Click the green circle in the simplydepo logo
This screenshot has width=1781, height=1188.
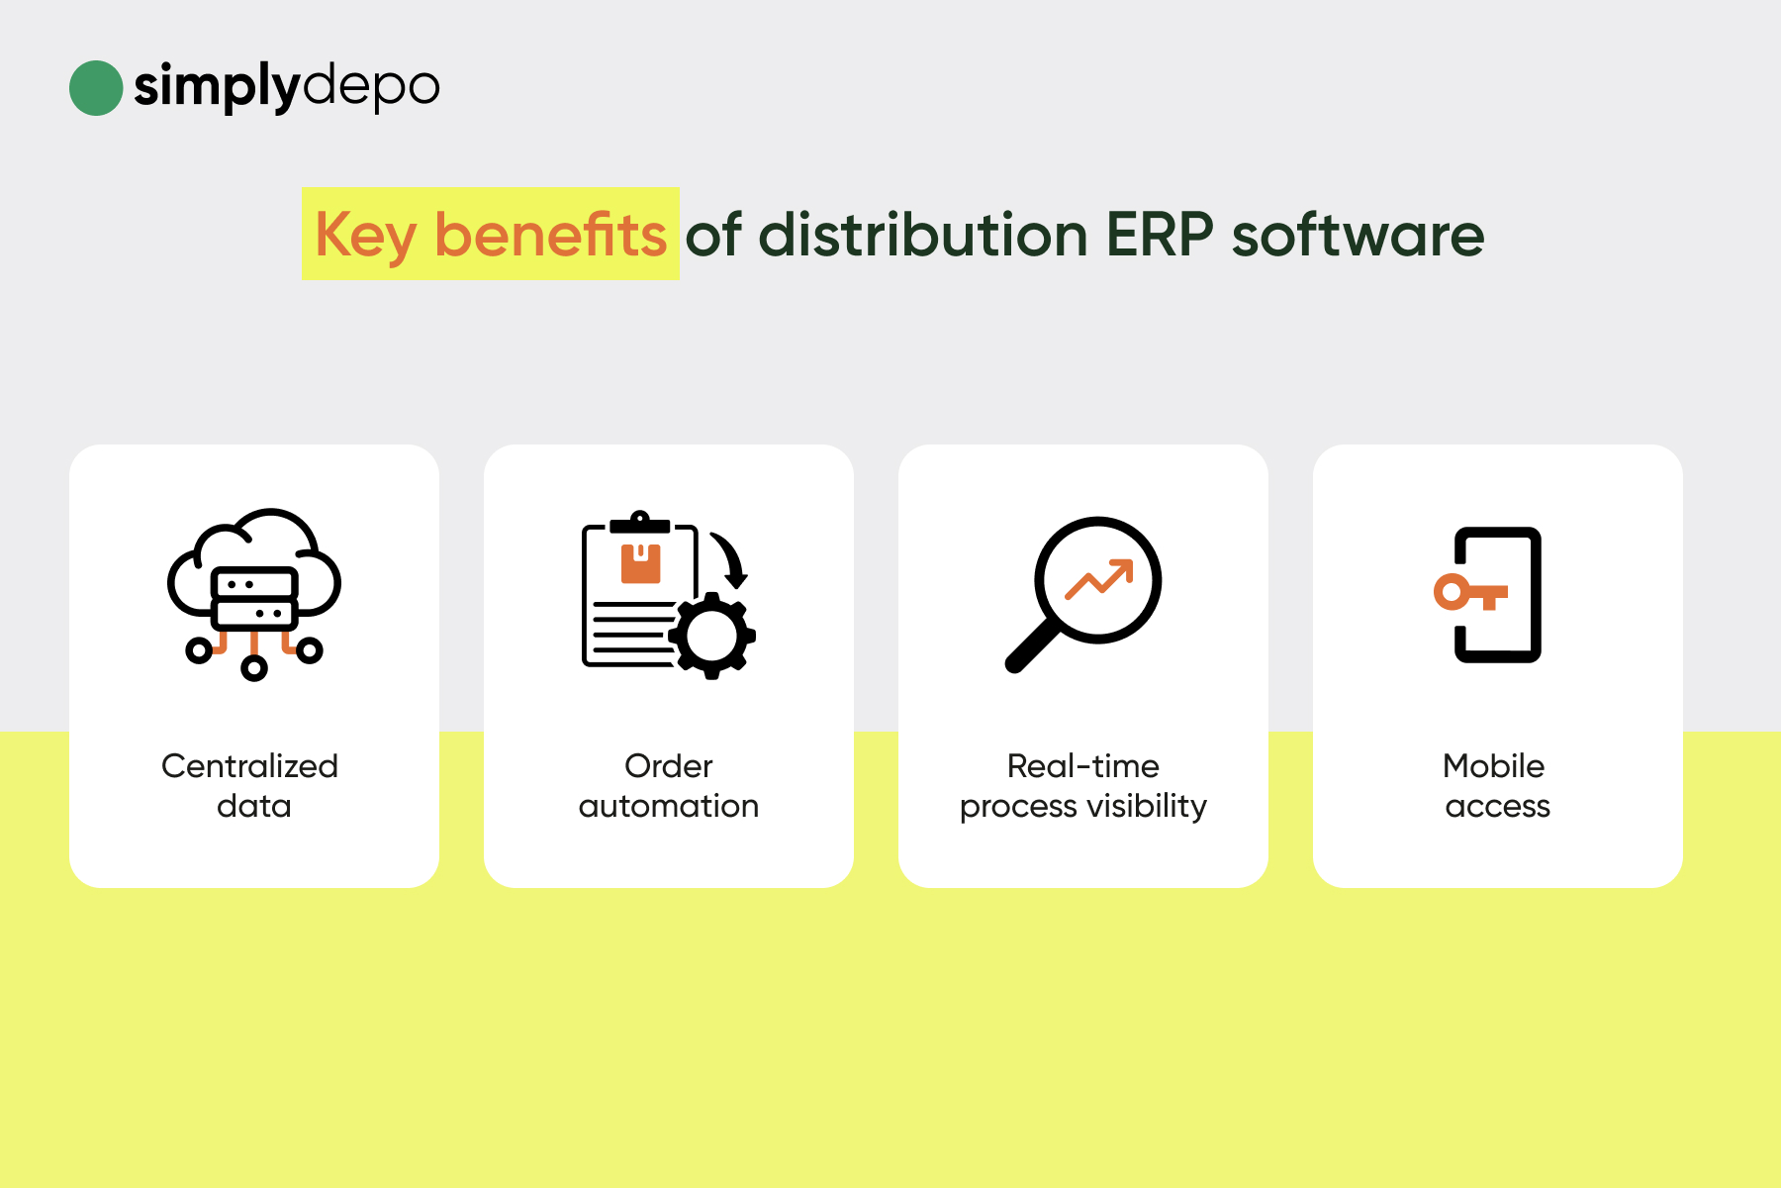pyautogui.click(x=96, y=88)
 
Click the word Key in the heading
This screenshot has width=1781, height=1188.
pyautogui.click(x=365, y=237)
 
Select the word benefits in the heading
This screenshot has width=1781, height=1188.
pyautogui.click(x=550, y=235)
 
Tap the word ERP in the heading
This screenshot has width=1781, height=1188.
pyautogui.click(x=1160, y=235)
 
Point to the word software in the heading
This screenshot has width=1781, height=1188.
pyautogui.click(x=1358, y=235)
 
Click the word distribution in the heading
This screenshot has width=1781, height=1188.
pyautogui.click(x=923, y=235)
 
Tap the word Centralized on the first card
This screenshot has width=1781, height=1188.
pyautogui.click(x=249, y=765)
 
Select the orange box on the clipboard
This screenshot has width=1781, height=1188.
pyautogui.click(x=640, y=562)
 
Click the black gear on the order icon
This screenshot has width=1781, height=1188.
pyautogui.click(x=712, y=636)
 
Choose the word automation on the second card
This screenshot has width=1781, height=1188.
pyautogui.click(x=669, y=806)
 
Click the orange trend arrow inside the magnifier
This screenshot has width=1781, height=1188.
pyautogui.click(x=1099, y=579)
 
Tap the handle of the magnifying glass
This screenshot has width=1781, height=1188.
pyautogui.click(x=1031, y=647)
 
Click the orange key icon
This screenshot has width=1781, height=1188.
pyautogui.click(x=1470, y=592)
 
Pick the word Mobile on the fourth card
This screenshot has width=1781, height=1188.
pyautogui.click(x=1494, y=765)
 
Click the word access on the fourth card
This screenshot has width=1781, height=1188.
pyautogui.click(x=1498, y=807)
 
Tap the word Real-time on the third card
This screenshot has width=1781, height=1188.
pyautogui.click(x=1083, y=765)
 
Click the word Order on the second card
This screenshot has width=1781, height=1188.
pyautogui.click(x=669, y=765)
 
